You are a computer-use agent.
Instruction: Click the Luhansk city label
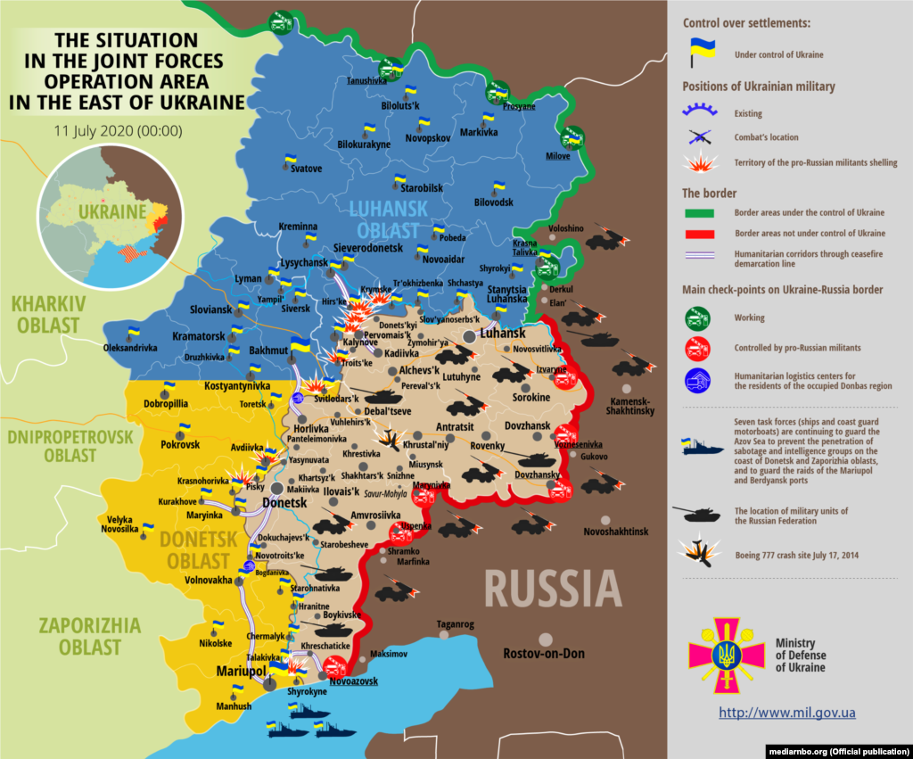502,333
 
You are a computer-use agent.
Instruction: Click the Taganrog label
455,623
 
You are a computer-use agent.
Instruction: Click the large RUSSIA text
553,589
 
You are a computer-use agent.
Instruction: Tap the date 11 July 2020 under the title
118,130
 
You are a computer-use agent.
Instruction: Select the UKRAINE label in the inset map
111,212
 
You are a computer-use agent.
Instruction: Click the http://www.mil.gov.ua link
787,713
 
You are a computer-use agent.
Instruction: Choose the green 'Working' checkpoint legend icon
697,318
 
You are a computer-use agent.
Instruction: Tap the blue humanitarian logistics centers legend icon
697,381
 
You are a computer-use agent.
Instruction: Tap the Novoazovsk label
353,681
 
